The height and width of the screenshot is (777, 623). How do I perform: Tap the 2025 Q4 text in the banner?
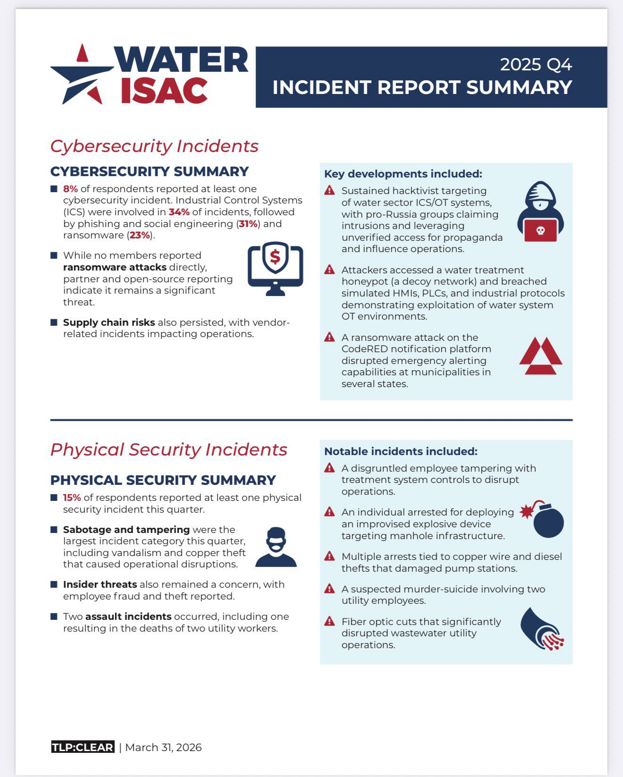(536, 65)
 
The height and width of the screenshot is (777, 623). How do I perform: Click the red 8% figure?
(70, 189)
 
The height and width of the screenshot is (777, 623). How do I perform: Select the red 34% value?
(179, 212)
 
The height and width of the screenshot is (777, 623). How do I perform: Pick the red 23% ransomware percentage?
(139, 235)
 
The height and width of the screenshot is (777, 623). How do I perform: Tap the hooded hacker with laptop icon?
(540, 212)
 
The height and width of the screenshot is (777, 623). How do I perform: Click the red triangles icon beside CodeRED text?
(540, 356)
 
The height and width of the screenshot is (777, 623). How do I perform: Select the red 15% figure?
(72, 498)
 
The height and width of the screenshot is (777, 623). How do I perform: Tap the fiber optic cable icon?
(542, 629)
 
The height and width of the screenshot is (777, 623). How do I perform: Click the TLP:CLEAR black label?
(83, 747)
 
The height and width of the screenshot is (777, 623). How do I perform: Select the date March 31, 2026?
(163, 747)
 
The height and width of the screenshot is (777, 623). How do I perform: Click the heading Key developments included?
(403, 174)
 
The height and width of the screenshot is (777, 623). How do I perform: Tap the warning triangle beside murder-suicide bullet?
(329, 589)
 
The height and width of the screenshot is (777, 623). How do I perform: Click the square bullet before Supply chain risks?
(54, 322)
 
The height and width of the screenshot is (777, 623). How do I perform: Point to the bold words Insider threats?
(100, 584)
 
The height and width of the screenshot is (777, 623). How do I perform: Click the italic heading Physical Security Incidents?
(168, 449)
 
